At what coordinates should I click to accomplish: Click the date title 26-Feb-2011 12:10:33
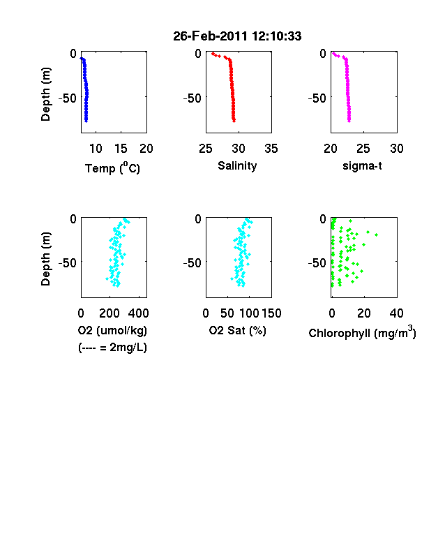click(237, 36)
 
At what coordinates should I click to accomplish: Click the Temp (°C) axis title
click(112, 168)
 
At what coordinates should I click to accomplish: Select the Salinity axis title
click(237, 165)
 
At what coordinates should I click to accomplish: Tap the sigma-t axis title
click(362, 165)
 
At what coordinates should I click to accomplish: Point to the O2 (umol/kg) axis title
click(112, 330)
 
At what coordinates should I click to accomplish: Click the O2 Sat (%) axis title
click(238, 330)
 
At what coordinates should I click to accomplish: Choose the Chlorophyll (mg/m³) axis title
click(362, 332)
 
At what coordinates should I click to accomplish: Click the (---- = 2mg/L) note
click(112, 348)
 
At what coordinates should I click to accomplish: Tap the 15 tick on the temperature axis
click(121, 149)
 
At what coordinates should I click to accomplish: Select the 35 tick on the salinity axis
click(271, 149)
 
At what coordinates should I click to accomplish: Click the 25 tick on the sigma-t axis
click(363, 149)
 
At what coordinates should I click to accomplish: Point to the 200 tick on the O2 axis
click(110, 313)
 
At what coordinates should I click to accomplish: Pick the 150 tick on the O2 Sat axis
click(271, 313)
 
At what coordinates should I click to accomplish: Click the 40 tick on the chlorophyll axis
click(396, 313)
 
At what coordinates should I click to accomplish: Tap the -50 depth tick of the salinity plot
click(193, 98)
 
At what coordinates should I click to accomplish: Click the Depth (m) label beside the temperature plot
click(45, 94)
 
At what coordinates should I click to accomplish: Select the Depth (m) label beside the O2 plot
click(45, 259)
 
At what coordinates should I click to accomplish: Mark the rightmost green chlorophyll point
click(377, 235)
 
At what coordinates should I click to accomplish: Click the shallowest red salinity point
click(213, 54)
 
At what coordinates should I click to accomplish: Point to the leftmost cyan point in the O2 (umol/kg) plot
click(107, 279)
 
